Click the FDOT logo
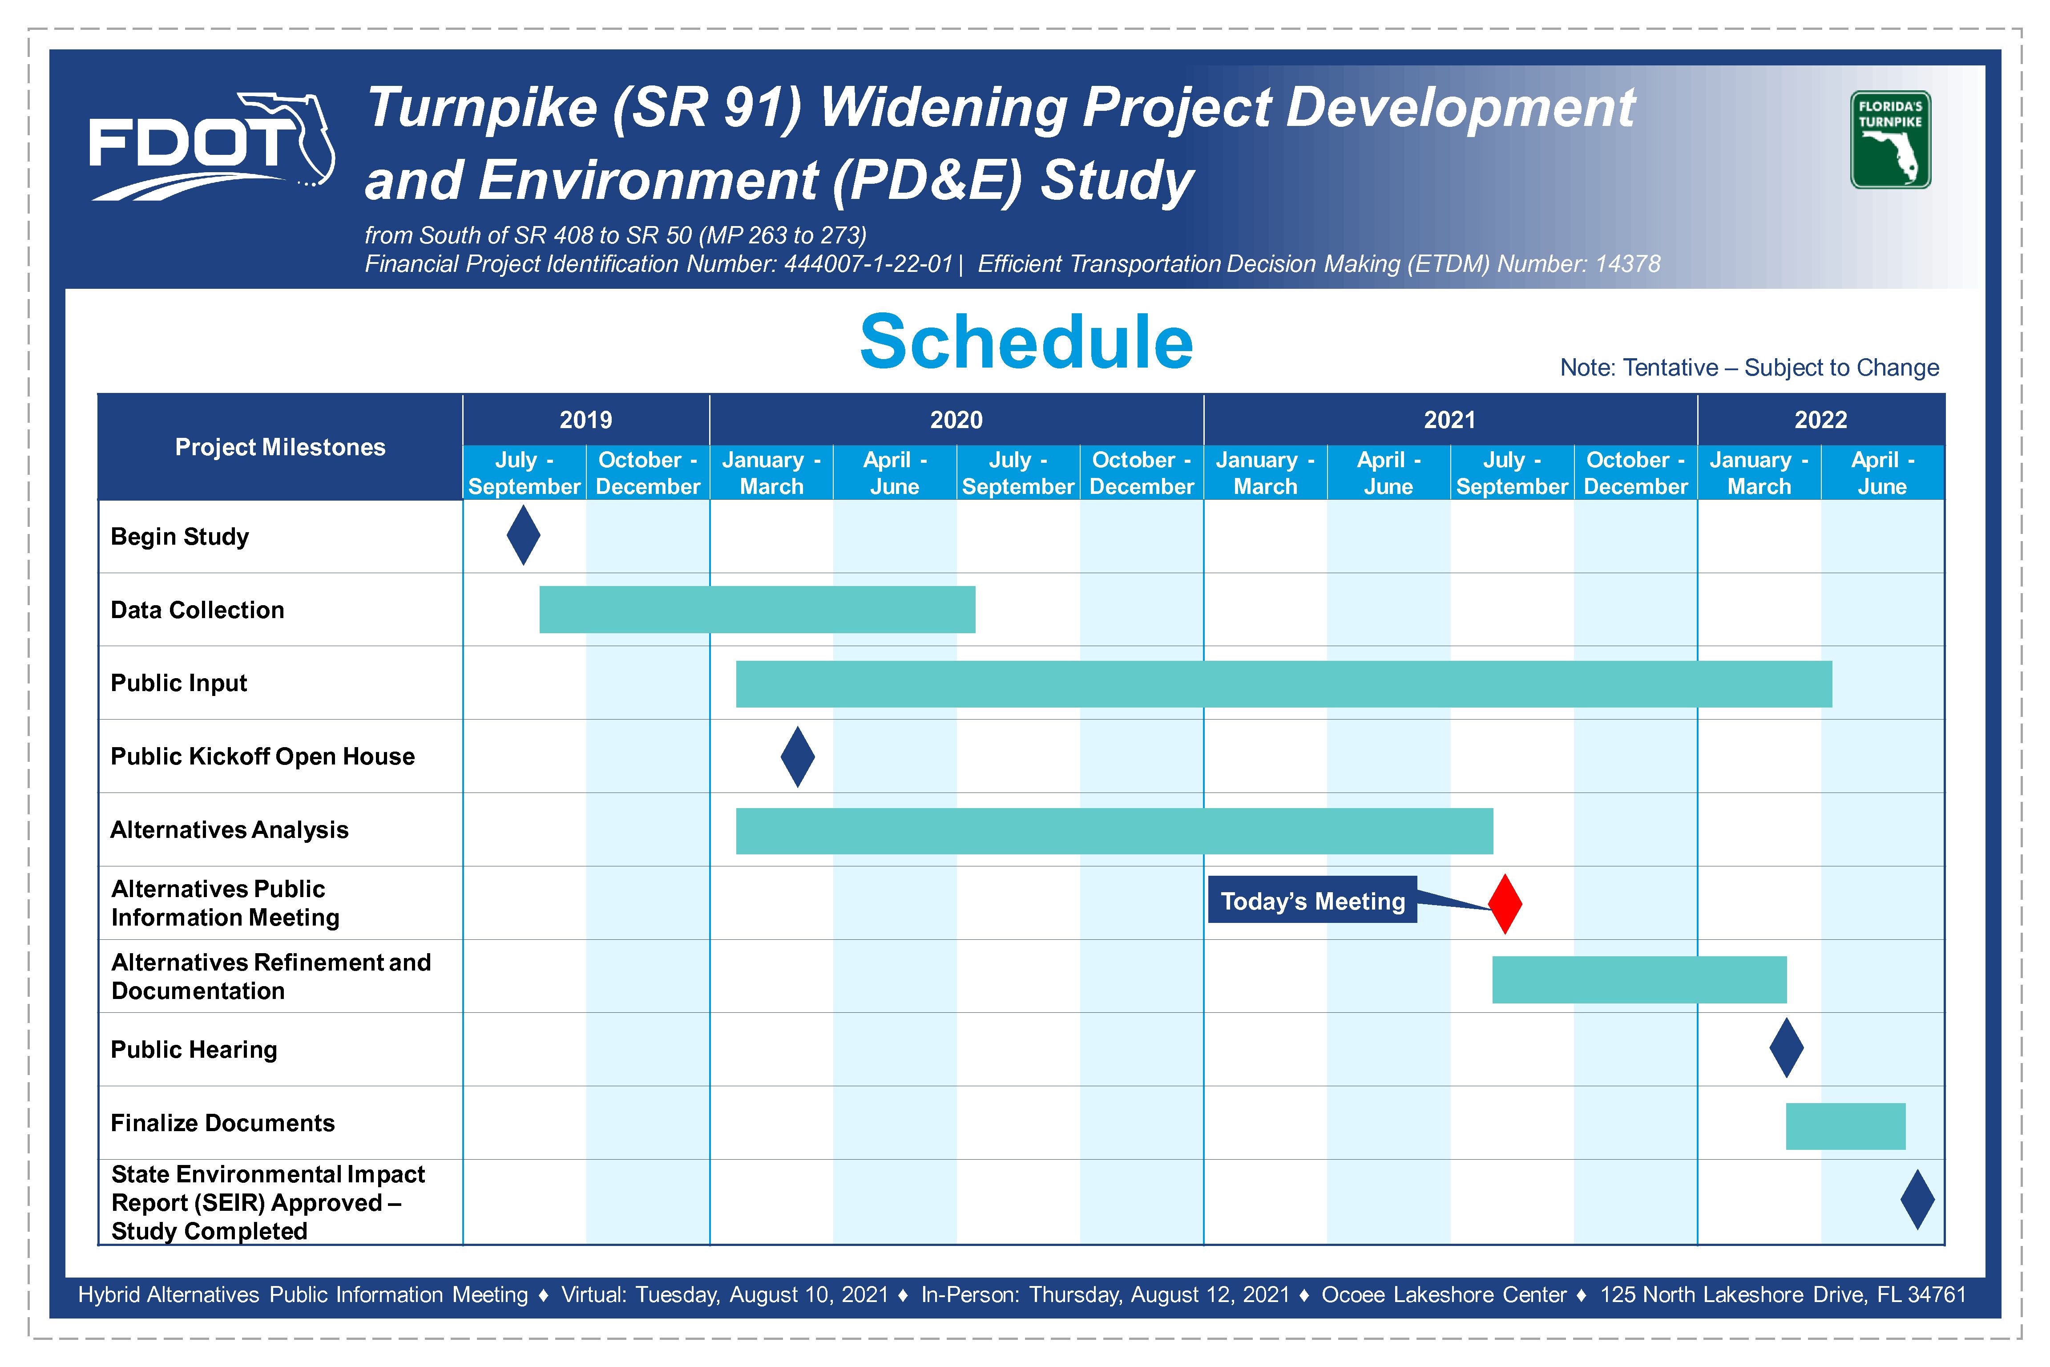pyautogui.click(x=212, y=146)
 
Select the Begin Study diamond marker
pyautogui.click(x=523, y=535)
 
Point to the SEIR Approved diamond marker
pyautogui.click(x=1917, y=1200)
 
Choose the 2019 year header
pyautogui.click(x=586, y=419)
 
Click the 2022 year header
pyautogui.click(x=1821, y=419)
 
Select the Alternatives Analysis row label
pyautogui.click(x=229, y=829)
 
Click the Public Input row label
pyautogui.click(x=179, y=683)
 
